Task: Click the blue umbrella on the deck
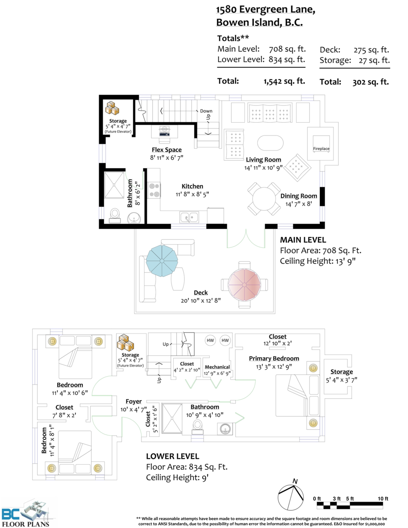[x=162, y=261]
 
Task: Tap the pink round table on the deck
[x=244, y=285]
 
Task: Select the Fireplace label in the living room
[x=321, y=148]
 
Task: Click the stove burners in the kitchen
[x=154, y=190]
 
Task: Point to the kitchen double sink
[x=189, y=217]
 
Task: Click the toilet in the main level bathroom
[x=115, y=216]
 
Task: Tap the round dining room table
[x=264, y=199]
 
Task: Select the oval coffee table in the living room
[x=270, y=143]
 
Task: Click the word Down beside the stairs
[x=206, y=111]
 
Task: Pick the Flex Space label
[x=167, y=150]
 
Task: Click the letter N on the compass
[x=295, y=481]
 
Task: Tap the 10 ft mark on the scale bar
[x=383, y=499]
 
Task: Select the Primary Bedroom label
[x=274, y=359]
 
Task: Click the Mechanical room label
[x=217, y=367]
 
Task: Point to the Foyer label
[x=134, y=402]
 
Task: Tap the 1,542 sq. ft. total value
[x=284, y=81]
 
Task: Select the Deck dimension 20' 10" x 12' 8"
[x=201, y=301]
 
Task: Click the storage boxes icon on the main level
[x=112, y=108]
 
